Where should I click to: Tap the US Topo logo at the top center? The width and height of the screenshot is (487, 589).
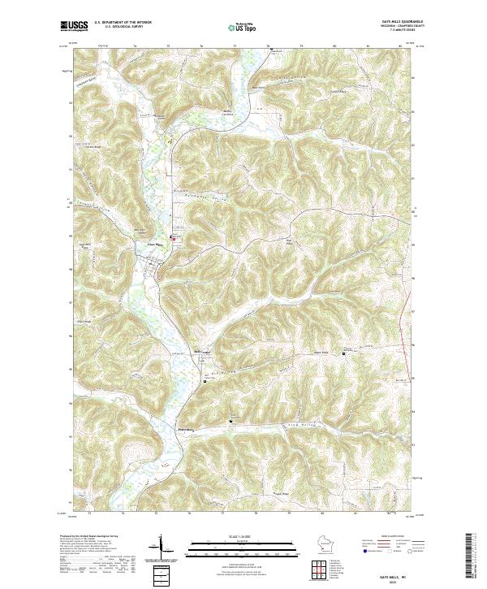pyautogui.click(x=243, y=26)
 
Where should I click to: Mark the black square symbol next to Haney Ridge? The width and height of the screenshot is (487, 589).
pyautogui.click(x=343, y=354)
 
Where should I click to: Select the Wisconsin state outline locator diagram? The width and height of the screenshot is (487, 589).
pyautogui.click(x=325, y=545)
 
